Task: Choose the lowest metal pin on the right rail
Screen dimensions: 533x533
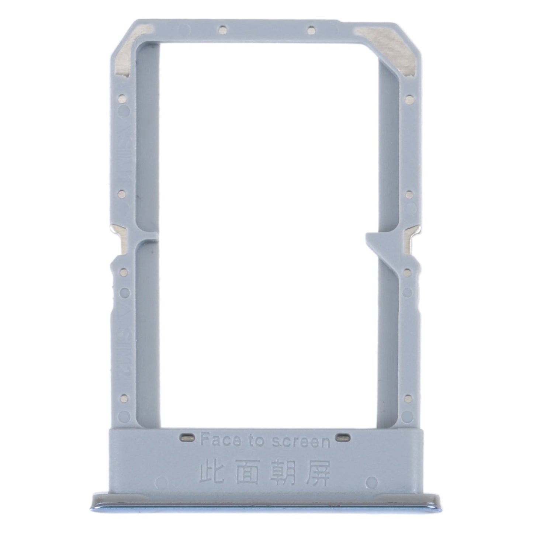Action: pyautogui.click(x=408, y=397)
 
